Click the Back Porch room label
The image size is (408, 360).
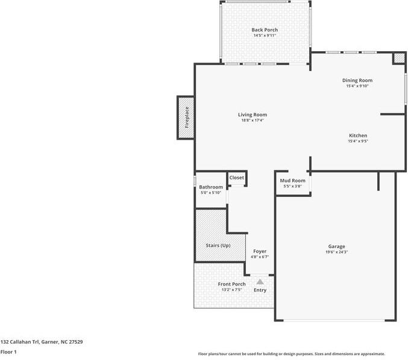pos(265,30)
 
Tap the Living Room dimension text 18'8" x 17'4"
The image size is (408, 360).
pos(252,120)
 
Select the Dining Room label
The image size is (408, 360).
pos(357,80)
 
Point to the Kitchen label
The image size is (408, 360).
pos(357,135)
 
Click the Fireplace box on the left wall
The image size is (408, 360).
pos(186,117)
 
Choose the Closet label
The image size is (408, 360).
pos(236,178)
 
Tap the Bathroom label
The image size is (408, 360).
pos(211,187)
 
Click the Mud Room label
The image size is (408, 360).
pos(292,181)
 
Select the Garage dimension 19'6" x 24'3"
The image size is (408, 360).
pos(336,252)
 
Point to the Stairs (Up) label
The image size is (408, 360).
pos(218,245)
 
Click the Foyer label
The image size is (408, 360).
pos(260,251)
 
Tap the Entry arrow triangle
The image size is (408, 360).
pos(260,281)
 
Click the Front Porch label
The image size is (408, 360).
pos(231,284)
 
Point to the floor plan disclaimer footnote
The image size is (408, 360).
pos(291,354)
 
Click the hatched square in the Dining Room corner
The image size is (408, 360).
pos(399,58)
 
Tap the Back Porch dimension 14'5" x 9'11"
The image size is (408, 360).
pos(265,36)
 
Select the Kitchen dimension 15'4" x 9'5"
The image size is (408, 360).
pos(357,141)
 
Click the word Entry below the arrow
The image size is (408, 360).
pos(260,290)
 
